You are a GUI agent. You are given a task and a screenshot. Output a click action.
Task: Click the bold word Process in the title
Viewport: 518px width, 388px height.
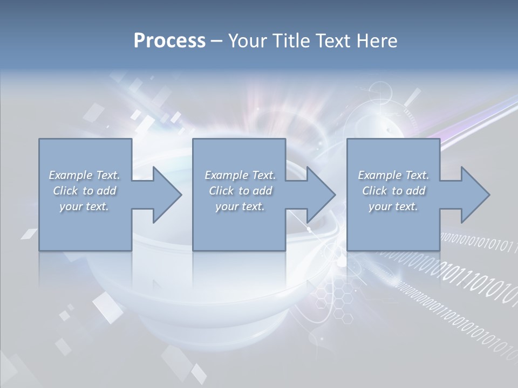pos(169,41)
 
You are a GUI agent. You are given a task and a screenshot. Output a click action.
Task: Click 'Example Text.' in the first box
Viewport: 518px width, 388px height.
pos(84,175)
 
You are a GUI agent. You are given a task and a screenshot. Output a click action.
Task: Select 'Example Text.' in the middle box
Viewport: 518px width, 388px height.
pos(240,175)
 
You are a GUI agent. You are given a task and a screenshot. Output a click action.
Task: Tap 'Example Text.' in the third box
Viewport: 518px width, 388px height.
pos(393,175)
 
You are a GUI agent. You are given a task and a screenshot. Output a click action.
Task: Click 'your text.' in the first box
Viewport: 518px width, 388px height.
pos(84,206)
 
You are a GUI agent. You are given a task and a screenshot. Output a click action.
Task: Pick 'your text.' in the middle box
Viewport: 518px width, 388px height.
pos(240,206)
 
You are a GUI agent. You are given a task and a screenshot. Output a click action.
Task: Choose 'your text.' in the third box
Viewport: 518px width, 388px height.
pos(393,206)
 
